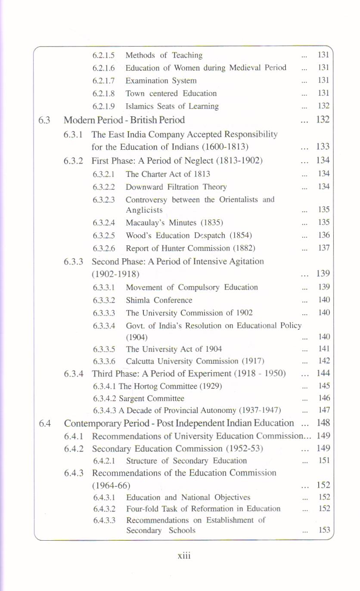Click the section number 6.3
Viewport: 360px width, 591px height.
44,120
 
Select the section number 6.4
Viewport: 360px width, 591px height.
45,424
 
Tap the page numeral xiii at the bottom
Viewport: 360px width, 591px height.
184,556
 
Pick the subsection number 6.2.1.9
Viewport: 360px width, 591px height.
104,106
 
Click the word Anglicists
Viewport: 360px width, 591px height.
144,210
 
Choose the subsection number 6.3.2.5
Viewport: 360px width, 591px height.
104,235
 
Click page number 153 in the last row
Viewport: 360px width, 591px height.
324,530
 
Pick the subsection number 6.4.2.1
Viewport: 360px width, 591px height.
104,461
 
